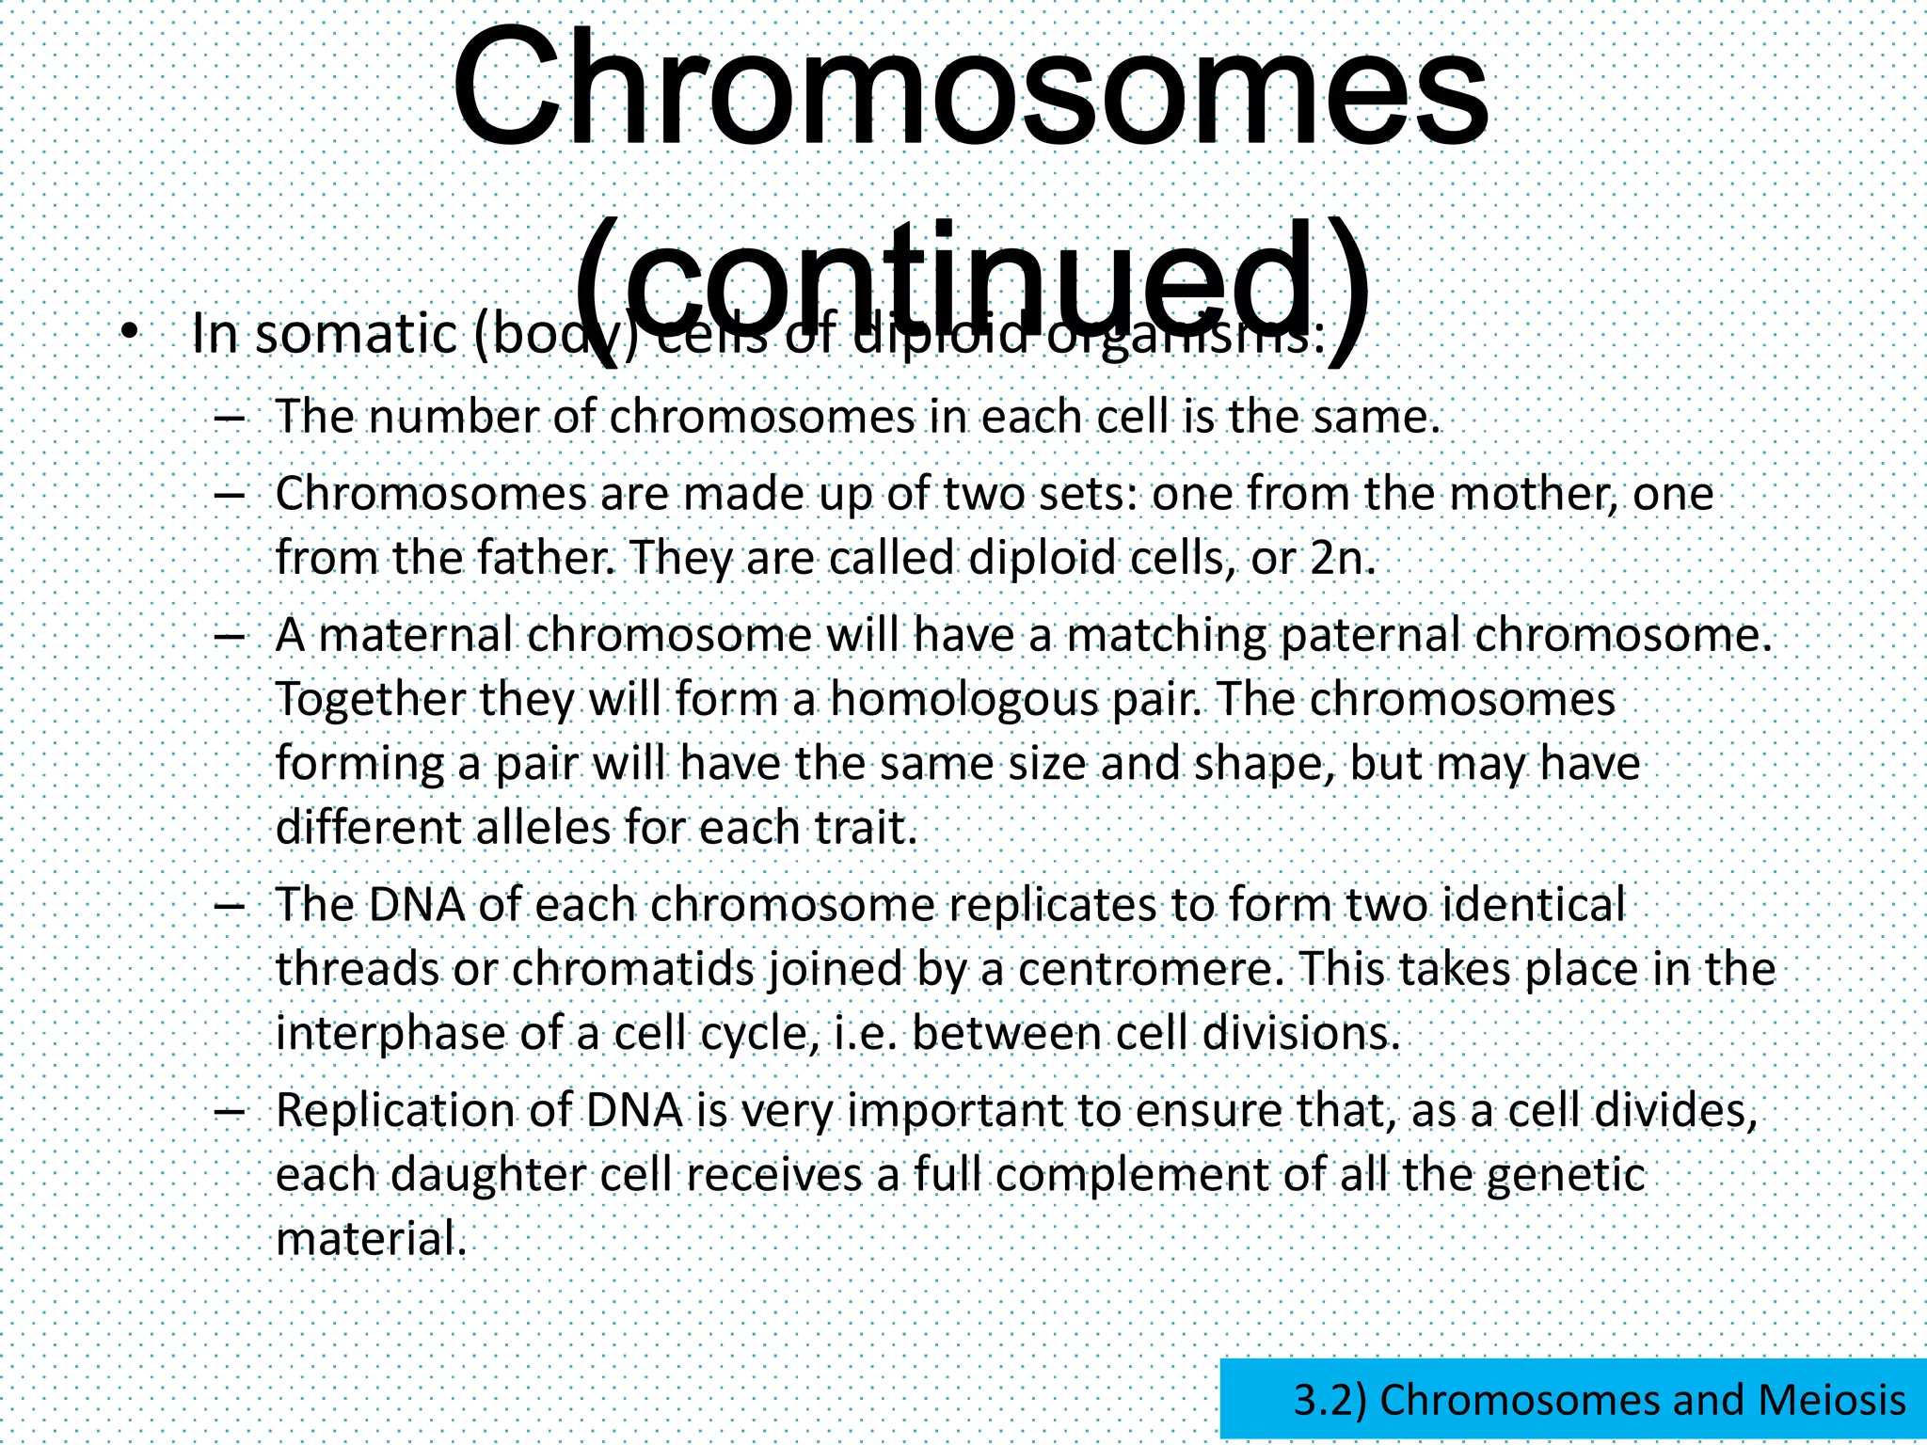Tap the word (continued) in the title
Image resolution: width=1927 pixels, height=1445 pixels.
[x=969, y=282]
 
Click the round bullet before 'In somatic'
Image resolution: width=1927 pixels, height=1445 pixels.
[x=130, y=331]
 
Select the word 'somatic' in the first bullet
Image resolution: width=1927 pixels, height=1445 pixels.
[x=356, y=335]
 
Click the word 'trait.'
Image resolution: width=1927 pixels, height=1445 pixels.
[x=866, y=829]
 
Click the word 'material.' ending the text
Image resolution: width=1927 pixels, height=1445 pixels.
[x=371, y=1240]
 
